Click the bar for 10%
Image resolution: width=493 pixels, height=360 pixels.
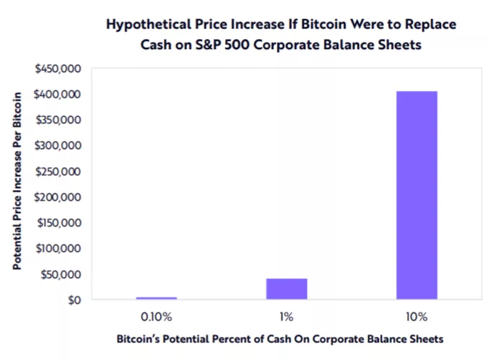[416, 195]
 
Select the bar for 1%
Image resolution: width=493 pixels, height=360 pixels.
[287, 289]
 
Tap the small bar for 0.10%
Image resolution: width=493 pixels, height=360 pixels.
[156, 298]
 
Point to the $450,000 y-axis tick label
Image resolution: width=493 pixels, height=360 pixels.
[57, 69]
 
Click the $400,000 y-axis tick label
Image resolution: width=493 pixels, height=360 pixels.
[57, 95]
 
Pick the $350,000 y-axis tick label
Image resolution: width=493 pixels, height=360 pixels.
[57, 120]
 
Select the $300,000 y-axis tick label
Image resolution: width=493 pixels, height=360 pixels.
[57, 146]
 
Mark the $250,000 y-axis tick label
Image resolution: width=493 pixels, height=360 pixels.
[57, 172]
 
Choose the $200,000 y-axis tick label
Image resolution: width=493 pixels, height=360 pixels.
[57, 197]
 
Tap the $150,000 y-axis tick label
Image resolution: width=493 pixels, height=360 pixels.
[57, 223]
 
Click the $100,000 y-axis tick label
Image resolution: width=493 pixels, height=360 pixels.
[57, 248]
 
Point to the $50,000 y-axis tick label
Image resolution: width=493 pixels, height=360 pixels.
[60, 274]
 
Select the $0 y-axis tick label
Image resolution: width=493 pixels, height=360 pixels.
[72, 300]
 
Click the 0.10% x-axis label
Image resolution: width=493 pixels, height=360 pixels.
[156, 317]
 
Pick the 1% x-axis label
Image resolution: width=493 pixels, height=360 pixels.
[287, 317]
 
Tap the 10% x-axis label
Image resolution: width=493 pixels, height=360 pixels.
[416, 317]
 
